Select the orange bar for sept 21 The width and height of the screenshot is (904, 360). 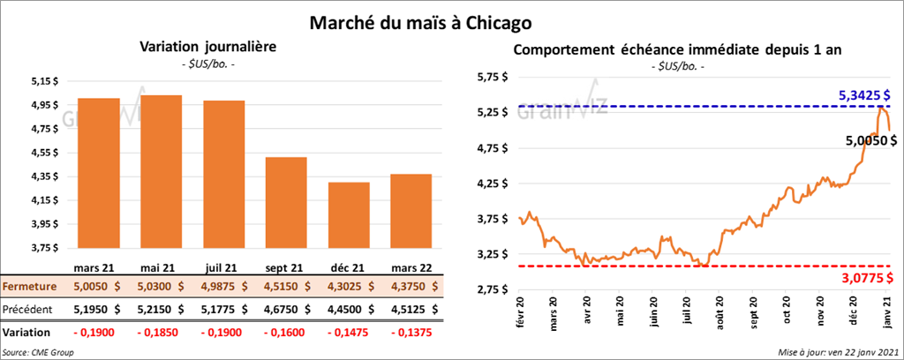(x=286, y=202)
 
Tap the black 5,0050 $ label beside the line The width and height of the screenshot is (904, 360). (x=870, y=139)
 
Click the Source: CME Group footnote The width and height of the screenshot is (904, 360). (x=38, y=352)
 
